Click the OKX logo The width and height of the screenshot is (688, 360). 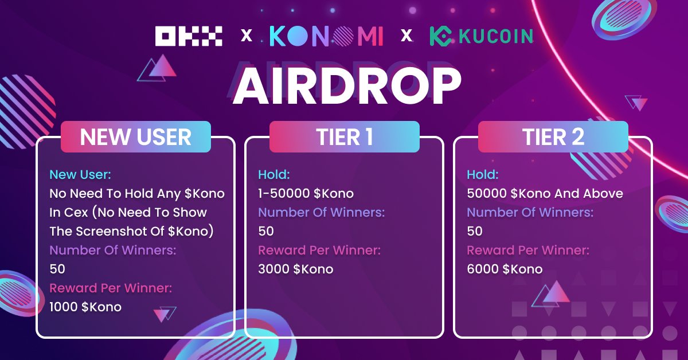(x=189, y=36)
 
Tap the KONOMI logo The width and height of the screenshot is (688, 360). (x=326, y=36)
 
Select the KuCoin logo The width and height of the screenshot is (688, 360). (x=481, y=36)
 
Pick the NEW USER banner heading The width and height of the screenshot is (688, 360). (x=136, y=137)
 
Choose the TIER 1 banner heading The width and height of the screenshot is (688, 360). (x=345, y=137)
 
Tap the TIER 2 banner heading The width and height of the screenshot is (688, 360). (x=553, y=137)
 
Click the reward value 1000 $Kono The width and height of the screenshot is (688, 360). (x=85, y=307)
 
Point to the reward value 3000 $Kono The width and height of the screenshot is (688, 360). (x=295, y=269)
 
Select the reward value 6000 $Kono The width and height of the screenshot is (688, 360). (x=505, y=269)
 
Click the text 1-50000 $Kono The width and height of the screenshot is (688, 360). (x=306, y=193)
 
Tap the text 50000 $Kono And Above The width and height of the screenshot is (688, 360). (x=545, y=193)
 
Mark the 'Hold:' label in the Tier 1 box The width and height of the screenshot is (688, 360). (x=274, y=174)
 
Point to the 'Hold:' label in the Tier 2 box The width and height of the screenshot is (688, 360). (x=483, y=174)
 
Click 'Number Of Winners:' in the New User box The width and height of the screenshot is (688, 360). (x=112, y=250)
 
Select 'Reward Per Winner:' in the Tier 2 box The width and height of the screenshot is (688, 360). (x=528, y=250)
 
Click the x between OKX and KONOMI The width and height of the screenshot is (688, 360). (x=247, y=36)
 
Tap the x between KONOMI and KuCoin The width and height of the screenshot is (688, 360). (x=406, y=36)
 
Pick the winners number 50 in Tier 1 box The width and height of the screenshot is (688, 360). (x=266, y=231)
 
